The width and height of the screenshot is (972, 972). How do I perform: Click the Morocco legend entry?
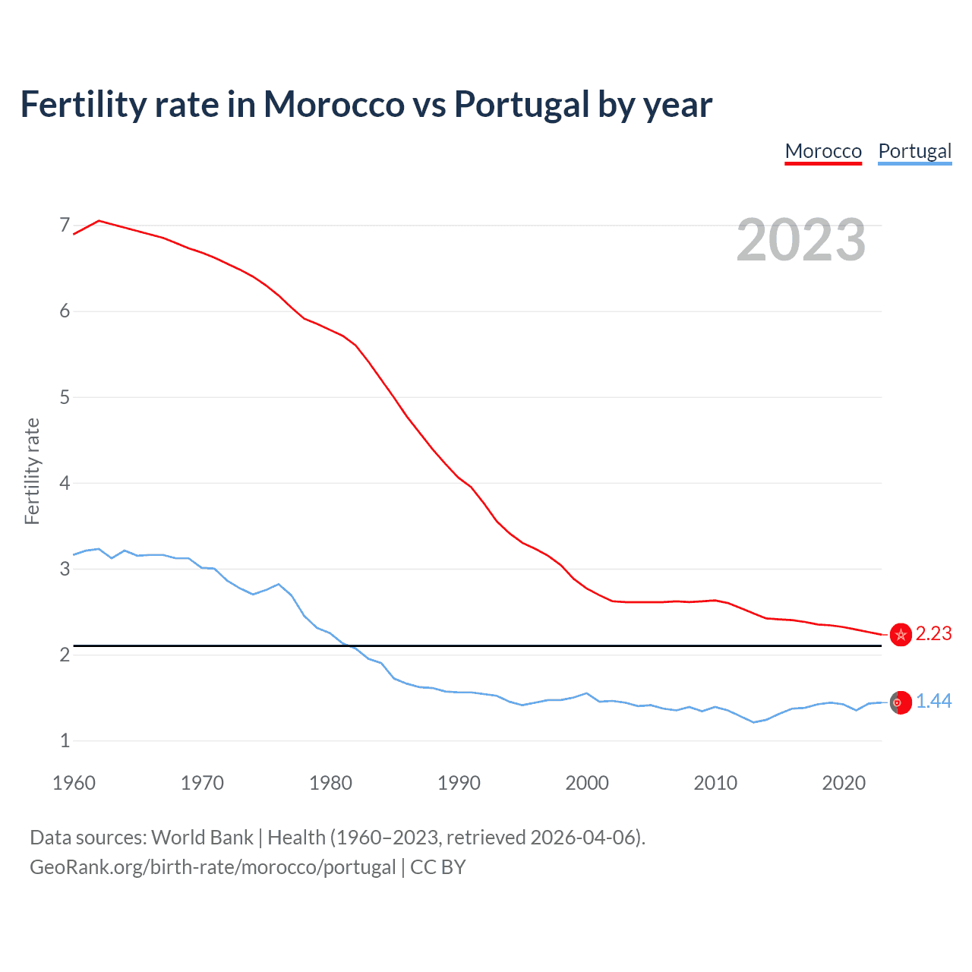pyautogui.click(x=823, y=151)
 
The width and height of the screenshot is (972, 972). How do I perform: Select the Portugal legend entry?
pyautogui.click(x=914, y=151)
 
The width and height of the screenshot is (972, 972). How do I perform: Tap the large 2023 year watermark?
pyautogui.click(x=800, y=240)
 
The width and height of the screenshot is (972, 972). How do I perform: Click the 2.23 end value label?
pyautogui.click(x=933, y=634)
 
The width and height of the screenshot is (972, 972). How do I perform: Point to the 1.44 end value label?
pyautogui.click(x=933, y=702)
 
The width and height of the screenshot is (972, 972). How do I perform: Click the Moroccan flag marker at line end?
pyautogui.click(x=901, y=635)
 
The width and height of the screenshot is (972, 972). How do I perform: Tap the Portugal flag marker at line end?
pyautogui.click(x=901, y=702)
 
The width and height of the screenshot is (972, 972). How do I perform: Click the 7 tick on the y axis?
pyautogui.click(x=65, y=226)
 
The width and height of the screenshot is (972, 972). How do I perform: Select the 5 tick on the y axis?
pyautogui.click(x=65, y=397)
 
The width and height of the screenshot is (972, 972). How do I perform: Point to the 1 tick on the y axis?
pyautogui.click(x=65, y=740)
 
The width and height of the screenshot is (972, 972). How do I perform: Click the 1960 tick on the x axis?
pyautogui.click(x=74, y=783)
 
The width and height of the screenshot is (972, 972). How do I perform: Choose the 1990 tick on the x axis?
pyautogui.click(x=459, y=783)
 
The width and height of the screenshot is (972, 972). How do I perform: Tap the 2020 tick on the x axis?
pyautogui.click(x=844, y=783)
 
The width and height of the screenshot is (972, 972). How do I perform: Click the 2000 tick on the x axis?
pyautogui.click(x=587, y=783)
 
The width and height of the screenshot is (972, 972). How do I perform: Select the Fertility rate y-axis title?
pyautogui.click(x=32, y=471)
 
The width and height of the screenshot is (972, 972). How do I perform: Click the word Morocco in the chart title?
pyautogui.click(x=333, y=104)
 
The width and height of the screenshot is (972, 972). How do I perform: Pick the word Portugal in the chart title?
pyautogui.click(x=522, y=104)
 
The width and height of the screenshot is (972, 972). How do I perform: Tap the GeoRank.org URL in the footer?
pyautogui.click(x=213, y=867)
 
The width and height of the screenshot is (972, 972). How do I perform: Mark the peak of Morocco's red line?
pyautogui.click(x=99, y=220)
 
